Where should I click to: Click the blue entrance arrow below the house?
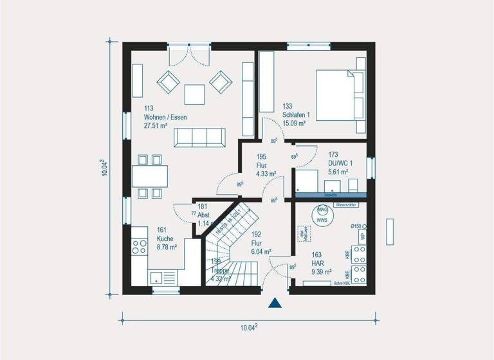[276, 303]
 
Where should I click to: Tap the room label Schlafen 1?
[296, 115]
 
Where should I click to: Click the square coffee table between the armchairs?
[195, 94]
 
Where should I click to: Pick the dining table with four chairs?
[150, 175]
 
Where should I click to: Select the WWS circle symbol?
[322, 221]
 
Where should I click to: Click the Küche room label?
[165, 238]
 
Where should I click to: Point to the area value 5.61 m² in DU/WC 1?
[338, 172]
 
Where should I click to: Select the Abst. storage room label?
[205, 215]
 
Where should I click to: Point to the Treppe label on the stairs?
[221, 271]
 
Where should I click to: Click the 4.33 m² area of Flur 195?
[266, 174]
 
